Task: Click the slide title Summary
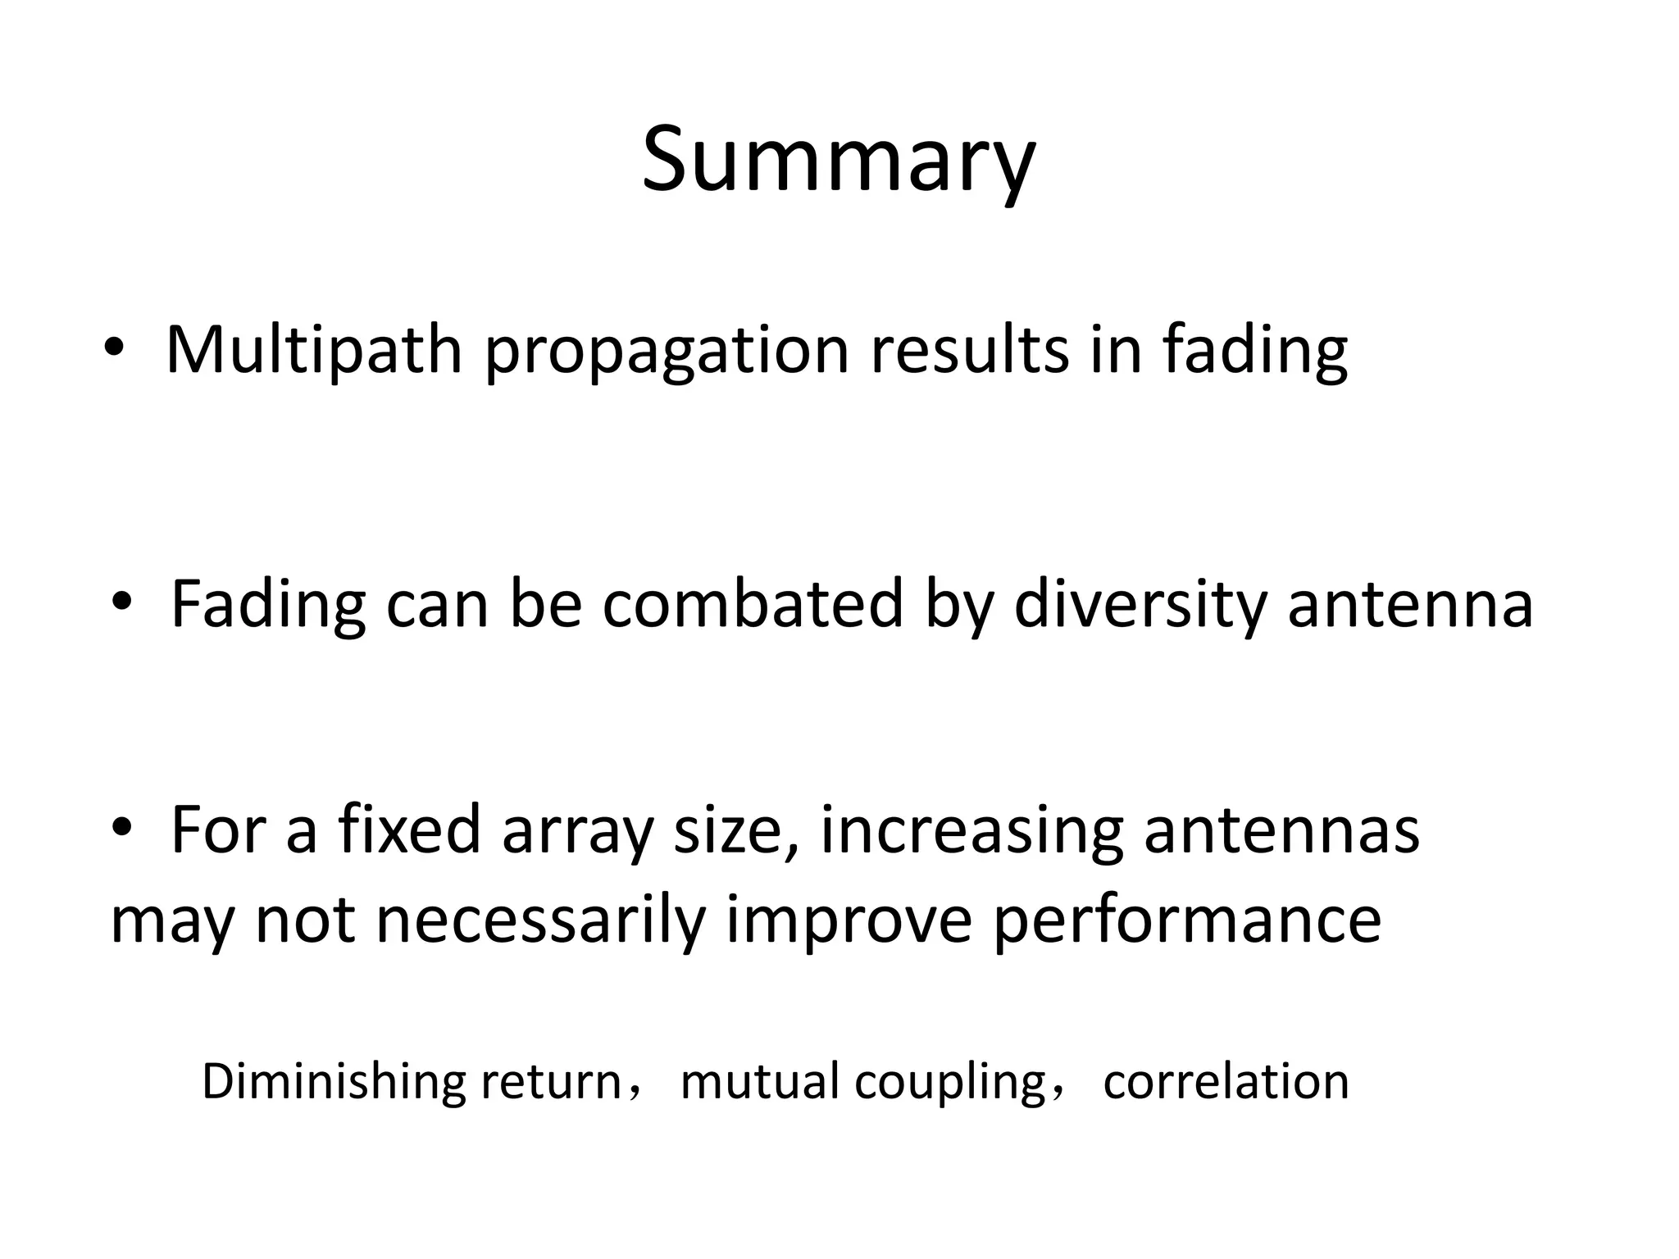[838, 160]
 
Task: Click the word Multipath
[313, 351]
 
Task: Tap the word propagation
[667, 352]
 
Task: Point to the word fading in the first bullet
[1254, 352]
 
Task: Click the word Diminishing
[334, 1082]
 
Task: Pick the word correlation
[1226, 1082]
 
